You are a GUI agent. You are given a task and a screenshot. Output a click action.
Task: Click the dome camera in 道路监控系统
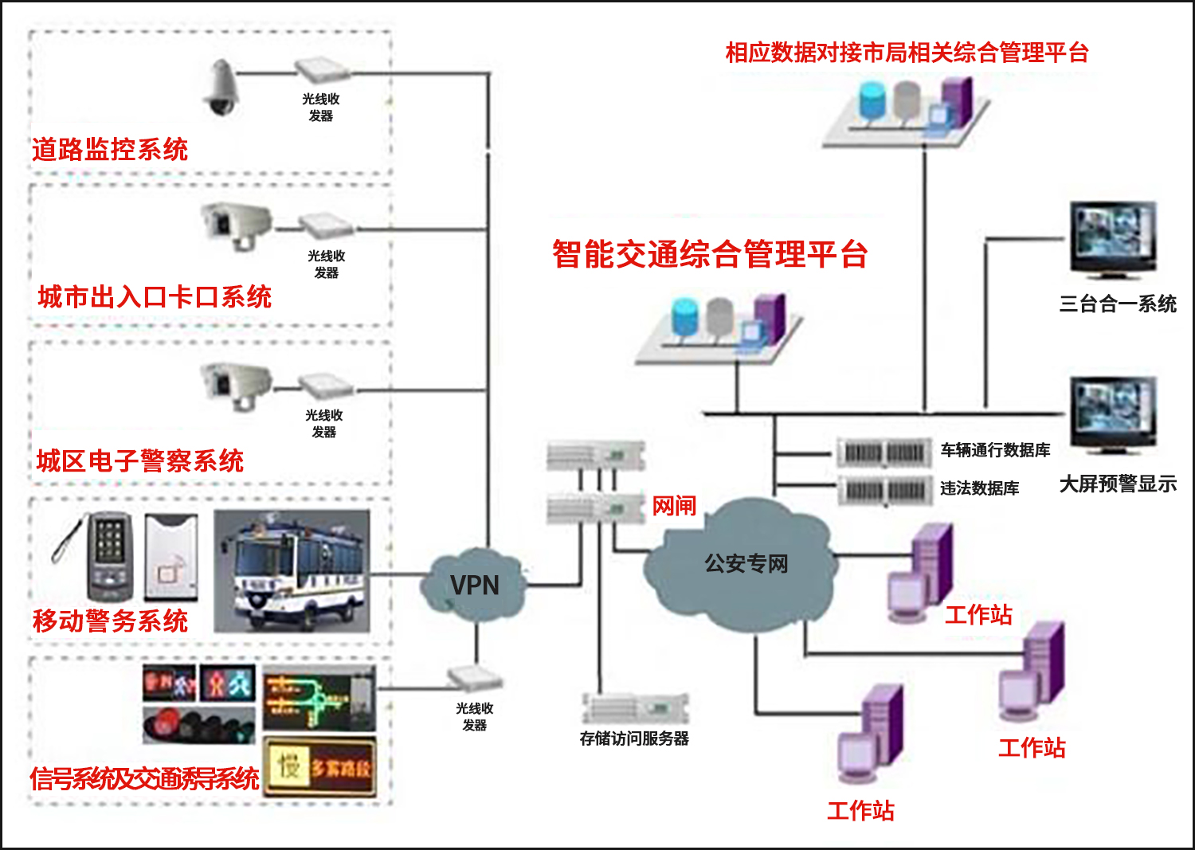click(x=221, y=88)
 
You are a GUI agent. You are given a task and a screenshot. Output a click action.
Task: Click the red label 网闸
click(x=674, y=506)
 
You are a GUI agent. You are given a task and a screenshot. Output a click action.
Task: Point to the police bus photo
click(x=292, y=571)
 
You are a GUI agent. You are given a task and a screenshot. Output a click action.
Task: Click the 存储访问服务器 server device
click(x=635, y=707)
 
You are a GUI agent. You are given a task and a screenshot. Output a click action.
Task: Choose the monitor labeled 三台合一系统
click(x=1112, y=238)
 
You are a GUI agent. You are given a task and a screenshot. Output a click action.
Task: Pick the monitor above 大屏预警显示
click(x=1112, y=414)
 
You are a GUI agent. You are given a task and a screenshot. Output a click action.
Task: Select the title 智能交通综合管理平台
click(x=710, y=255)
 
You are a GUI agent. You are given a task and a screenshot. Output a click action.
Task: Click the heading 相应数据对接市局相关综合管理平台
click(x=907, y=53)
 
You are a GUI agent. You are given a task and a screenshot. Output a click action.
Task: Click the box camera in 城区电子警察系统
click(x=236, y=384)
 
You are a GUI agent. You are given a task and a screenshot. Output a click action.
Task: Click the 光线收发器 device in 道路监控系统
click(x=322, y=70)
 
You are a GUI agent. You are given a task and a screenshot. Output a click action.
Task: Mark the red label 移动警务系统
click(x=110, y=621)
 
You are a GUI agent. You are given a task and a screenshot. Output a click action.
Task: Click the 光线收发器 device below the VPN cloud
click(x=475, y=678)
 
